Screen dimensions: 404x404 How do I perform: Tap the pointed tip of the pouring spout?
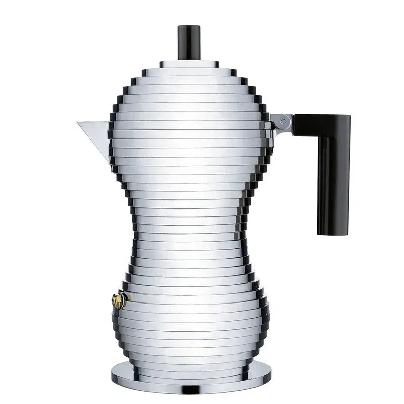pos(78,123)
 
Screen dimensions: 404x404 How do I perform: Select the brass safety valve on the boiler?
pos(118,301)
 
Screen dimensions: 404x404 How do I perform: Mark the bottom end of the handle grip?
pos(333,233)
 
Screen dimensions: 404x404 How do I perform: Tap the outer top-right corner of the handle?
pos(349,117)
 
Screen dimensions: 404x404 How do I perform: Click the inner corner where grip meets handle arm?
pos(318,137)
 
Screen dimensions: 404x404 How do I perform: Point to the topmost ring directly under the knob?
pos(189,64)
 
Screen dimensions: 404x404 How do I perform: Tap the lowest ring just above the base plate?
pos(189,363)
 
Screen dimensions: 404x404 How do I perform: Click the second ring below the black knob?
pos(189,72)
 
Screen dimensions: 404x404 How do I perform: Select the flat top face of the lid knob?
pos(189,26)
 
